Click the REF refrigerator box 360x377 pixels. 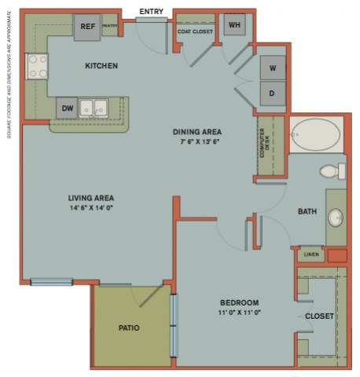click(86, 27)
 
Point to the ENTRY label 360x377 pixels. click(151, 12)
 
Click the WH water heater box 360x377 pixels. click(234, 25)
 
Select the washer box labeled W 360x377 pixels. click(273, 68)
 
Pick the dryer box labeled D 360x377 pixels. click(273, 93)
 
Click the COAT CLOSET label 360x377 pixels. click(195, 31)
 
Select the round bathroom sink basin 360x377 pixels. click(336, 218)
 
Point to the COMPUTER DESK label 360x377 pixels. click(266, 145)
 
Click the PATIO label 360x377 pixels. click(129, 328)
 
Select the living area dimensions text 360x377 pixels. click(91, 208)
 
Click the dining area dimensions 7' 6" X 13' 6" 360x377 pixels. click(197, 142)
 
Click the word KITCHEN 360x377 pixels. click(101, 66)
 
